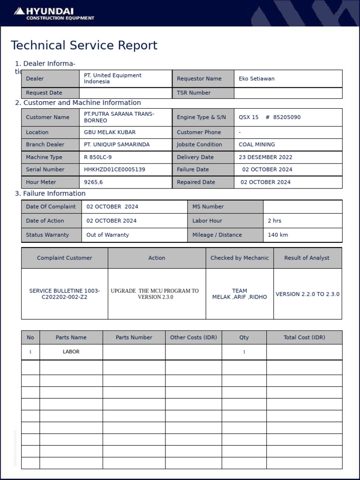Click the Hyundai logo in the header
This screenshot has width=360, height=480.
[54, 14]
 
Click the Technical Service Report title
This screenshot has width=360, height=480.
[84, 45]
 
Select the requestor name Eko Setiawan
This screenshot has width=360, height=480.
[256, 79]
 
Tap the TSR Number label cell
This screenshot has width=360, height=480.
[194, 93]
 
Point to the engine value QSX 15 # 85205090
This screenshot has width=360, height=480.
[270, 117]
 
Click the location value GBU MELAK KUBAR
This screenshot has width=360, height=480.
[110, 132]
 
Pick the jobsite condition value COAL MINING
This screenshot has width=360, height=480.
[257, 144]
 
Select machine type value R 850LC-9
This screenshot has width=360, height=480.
[97, 157]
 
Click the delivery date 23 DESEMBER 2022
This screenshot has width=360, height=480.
[265, 157]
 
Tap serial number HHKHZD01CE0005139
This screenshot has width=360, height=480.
[114, 169]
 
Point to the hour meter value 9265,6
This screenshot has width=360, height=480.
[93, 182]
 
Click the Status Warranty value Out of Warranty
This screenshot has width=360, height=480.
[107, 235]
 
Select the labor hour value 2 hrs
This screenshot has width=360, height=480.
[275, 221]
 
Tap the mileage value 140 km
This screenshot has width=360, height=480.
[278, 235]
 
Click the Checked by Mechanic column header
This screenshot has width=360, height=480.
[240, 258]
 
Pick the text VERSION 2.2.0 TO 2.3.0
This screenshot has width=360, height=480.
[307, 294]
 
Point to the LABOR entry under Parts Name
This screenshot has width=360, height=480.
[71, 352]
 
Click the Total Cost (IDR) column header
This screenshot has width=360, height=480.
[304, 337]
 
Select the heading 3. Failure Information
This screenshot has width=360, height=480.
[50, 194]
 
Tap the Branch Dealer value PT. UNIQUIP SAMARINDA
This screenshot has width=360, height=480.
[117, 144]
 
